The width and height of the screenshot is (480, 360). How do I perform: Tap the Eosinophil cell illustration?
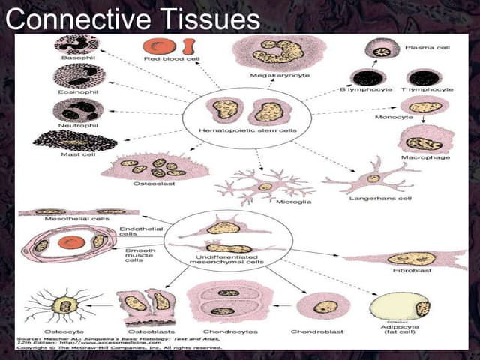pos(76,76)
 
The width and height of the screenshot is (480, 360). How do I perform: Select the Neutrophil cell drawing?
pos(77,109)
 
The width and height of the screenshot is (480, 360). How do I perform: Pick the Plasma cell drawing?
pos(382,50)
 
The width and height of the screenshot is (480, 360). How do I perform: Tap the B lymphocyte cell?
pos(369,77)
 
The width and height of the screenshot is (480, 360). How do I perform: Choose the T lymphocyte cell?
pos(423,77)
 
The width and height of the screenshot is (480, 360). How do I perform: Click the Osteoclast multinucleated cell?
pos(154,166)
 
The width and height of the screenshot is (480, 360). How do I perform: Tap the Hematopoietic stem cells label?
pos(236,130)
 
